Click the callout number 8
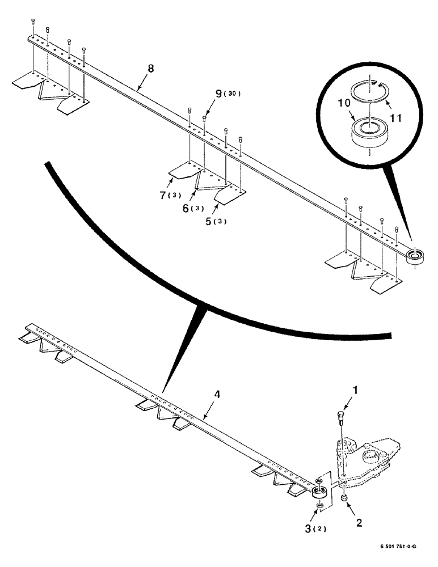point(150,69)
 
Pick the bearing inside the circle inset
point(368,132)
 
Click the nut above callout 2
point(344,498)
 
